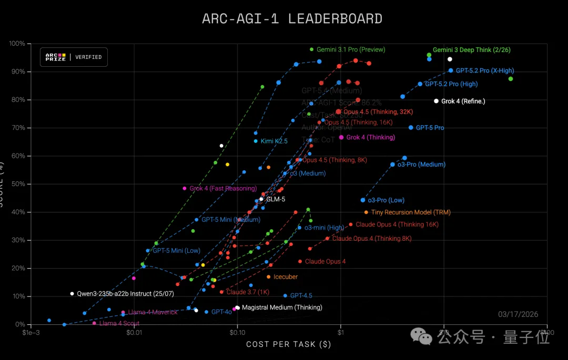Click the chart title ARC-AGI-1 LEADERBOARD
pos(292,19)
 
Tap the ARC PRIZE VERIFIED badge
pos(74,57)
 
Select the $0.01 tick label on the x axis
pos(134,333)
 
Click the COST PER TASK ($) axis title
pos(288,344)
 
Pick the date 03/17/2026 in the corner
pos(518,314)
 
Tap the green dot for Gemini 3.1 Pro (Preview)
pos(312,49)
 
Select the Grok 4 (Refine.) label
pos(463,101)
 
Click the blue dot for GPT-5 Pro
pos(411,128)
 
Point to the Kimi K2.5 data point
pos(256,141)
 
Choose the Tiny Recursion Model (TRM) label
pos(411,212)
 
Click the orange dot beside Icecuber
pos(269,277)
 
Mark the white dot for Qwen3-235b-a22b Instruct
pos(72,294)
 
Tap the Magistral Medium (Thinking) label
pos(282,307)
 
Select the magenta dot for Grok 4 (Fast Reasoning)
pos(185,188)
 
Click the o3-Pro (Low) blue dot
pos(363,200)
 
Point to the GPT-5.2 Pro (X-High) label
pos(485,70)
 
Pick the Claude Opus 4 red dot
pos(300,261)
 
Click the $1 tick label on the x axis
pos(340,333)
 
